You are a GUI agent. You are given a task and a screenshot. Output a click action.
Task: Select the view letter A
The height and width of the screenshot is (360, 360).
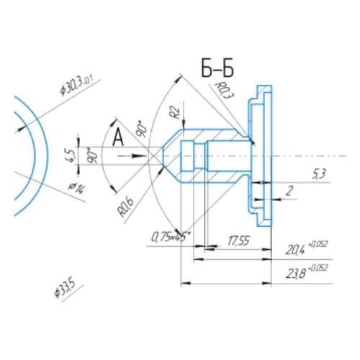pos(117,137)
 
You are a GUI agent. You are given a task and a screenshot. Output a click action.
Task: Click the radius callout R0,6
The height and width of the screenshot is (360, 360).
pos(126,207)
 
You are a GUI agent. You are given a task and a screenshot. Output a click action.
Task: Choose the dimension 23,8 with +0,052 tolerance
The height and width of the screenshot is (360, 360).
pos(307,272)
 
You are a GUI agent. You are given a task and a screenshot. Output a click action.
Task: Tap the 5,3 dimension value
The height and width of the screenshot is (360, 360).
pos(320,173)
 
